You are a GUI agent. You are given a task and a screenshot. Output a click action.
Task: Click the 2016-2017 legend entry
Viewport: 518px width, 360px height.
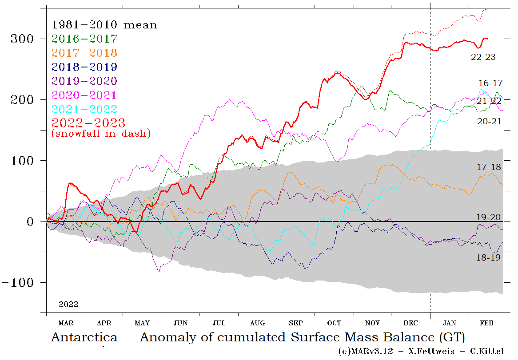point(84,39)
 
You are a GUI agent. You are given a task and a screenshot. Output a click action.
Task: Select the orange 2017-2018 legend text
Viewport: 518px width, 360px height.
point(84,53)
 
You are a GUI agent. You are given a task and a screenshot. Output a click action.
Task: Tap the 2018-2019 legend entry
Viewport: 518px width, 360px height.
point(84,67)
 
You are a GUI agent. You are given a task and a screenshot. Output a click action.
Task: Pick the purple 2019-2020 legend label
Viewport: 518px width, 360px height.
point(84,81)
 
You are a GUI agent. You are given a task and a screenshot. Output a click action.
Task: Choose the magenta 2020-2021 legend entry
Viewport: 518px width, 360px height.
point(84,95)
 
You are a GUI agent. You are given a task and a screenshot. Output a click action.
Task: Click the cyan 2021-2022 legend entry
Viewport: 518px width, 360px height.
point(84,110)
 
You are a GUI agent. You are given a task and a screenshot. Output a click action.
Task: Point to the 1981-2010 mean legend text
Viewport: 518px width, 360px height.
point(104,25)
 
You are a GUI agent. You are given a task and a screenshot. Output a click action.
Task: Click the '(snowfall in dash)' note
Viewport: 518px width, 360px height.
point(101,133)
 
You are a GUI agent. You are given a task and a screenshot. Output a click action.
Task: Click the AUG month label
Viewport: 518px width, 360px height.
point(258,323)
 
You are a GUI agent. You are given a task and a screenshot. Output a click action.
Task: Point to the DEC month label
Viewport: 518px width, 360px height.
point(411,323)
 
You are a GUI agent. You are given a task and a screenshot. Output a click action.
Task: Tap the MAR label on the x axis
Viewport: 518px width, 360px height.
point(66,323)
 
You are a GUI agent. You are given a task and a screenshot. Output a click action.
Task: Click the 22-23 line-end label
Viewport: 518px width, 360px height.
point(483,57)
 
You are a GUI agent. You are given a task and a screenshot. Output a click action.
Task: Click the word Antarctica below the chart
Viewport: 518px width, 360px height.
point(84,337)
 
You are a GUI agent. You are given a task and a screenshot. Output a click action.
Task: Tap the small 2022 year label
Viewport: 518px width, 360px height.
point(68,305)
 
